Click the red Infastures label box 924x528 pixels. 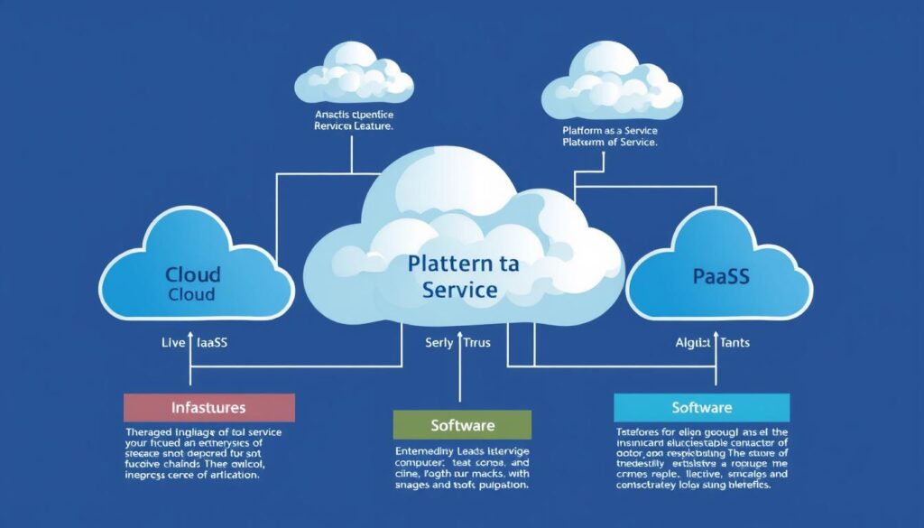209,408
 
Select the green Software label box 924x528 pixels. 462,424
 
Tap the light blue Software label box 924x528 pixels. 702,407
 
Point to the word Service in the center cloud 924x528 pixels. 460,291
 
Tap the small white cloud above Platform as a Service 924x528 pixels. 612,86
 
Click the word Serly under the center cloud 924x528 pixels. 440,343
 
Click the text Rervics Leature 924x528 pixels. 354,128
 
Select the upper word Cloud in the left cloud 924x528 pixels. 193,274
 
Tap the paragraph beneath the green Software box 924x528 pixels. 462,468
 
